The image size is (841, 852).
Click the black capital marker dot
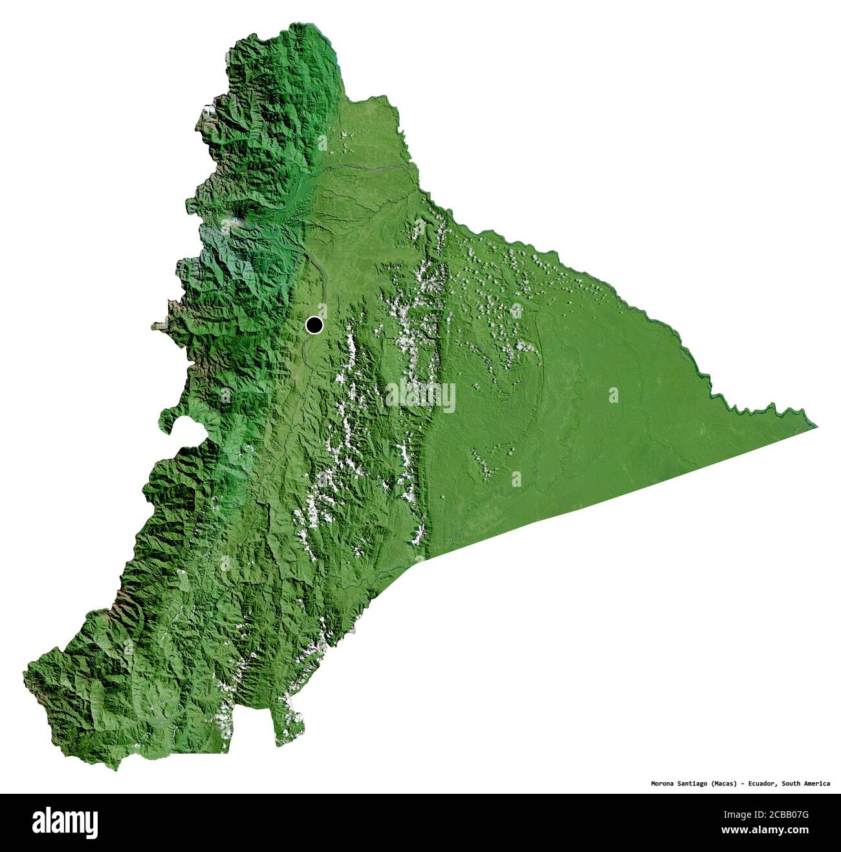coord(314,325)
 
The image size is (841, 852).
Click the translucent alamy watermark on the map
coord(420,395)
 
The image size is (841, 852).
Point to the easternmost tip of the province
coord(816,427)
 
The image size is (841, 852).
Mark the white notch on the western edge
coord(184,427)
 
